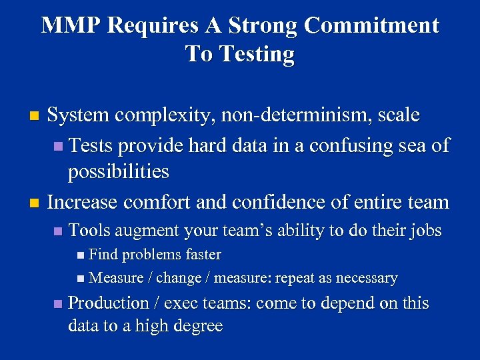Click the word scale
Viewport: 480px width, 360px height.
(398, 115)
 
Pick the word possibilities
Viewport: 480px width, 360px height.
(118, 171)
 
